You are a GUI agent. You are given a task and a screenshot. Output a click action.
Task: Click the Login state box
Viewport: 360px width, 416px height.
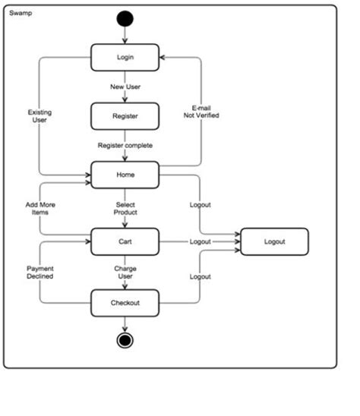pyautogui.click(x=125, y=58)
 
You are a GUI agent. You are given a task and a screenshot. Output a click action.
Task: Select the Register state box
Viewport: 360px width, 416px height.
pyautogui.click(x=125, y=117)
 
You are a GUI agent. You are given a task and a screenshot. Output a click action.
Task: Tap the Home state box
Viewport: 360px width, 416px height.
pyautogui.click(x=125, y=175)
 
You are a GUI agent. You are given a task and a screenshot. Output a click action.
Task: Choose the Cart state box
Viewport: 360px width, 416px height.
pyautogui.click(x=125, y=241)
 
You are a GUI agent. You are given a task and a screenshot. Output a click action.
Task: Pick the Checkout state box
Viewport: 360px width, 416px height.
pyautogui.click(x=125, y=304)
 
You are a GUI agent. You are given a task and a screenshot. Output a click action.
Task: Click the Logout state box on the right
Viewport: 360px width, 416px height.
pyautogui.click(x=274, y=241)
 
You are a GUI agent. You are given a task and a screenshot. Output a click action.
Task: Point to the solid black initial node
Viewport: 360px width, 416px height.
pyautogui.click(x=125, y=20)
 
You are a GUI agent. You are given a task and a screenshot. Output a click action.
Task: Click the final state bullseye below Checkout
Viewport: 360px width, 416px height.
pyautogui.click(x=125, y=339)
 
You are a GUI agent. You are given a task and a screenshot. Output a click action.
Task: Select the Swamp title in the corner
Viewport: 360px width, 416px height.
pyautogui.click(x=21, y=14)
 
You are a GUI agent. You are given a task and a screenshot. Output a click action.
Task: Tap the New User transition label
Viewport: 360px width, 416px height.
pyautogui.click(x=125, y=87)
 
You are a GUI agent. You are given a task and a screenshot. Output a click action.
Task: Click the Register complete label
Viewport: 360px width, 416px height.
pyautogui.click(x=125, y=145)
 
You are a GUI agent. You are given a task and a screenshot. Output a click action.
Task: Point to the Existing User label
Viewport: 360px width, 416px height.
pyautogui.click(x=39, y=116)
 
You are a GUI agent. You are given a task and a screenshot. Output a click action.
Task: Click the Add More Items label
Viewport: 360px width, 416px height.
pyautogui.click(x=39, y=209)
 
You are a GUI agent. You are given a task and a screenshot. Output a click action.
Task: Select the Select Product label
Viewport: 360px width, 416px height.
pyautogui.click(x=126, y=209)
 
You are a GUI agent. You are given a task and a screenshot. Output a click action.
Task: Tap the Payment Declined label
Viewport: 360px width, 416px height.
pyautogui.click(x=39, y=273)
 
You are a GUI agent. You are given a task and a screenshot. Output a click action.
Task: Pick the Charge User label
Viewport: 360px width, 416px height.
pyautogui.click(x=125, y=273)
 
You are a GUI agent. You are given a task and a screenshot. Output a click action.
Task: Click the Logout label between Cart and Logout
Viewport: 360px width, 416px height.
pyautogui.click(x=201, y=241)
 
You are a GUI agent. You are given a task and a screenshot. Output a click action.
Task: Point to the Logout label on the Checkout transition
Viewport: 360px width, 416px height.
pyautogui.click(x=200, y=276)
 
